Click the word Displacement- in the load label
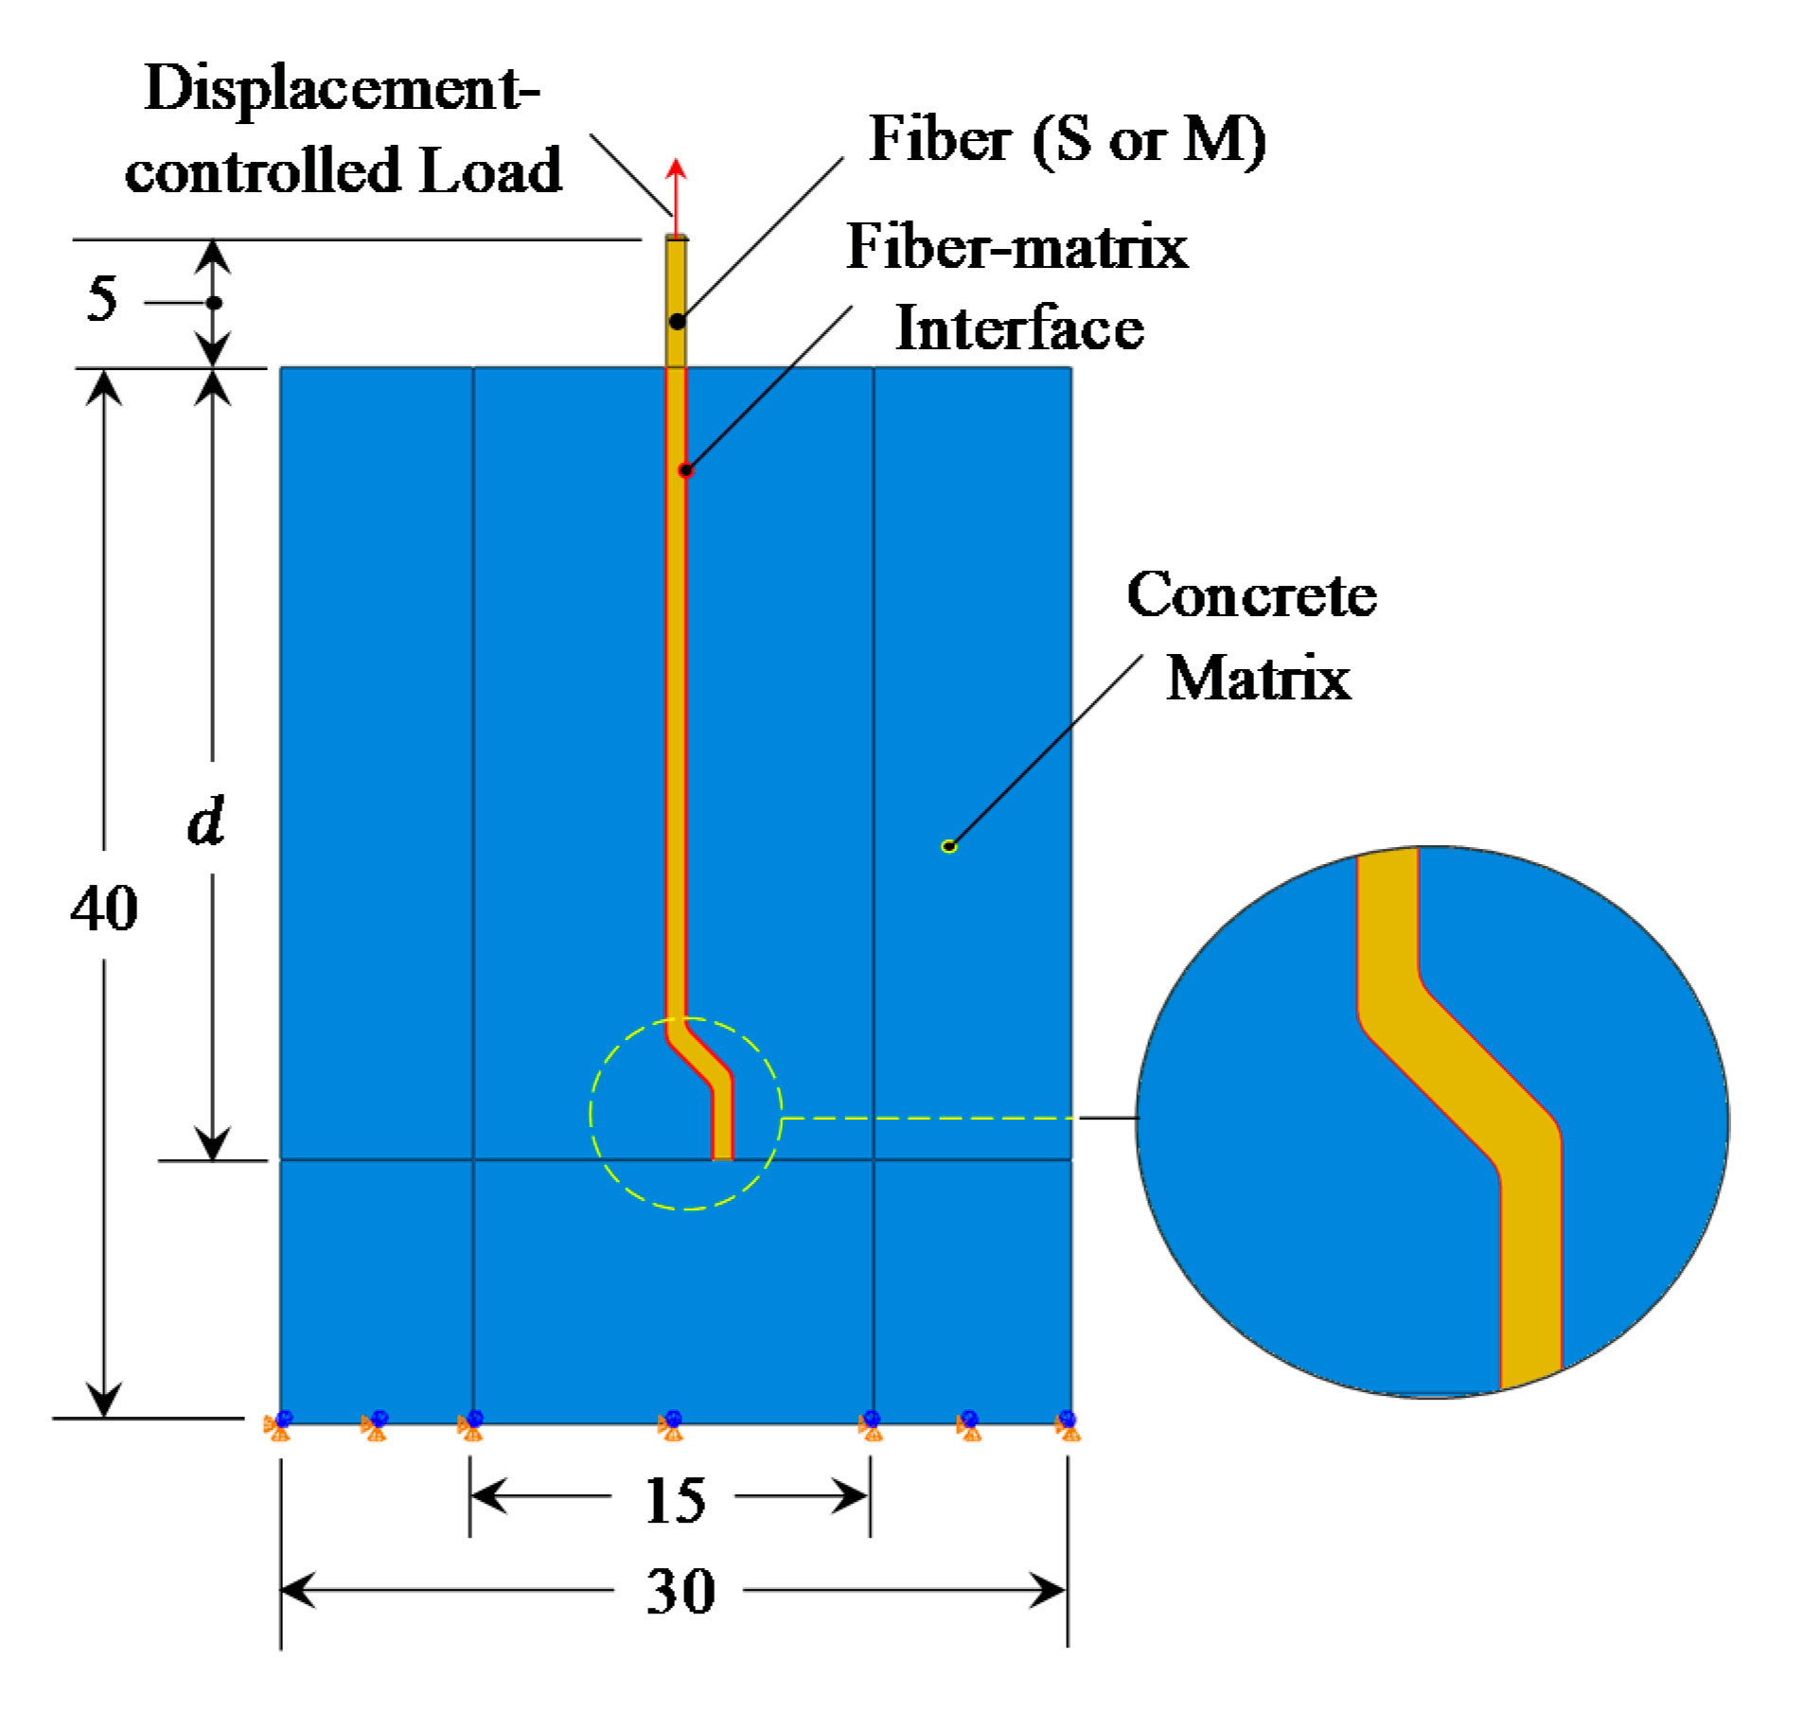point(341,90)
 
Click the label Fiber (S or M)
point(1066,140)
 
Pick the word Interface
point(1018,328)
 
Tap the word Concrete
point(1250,595)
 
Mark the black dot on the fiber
point(677,322)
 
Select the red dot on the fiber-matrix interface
point(686,470)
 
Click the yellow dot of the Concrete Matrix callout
point(948,846)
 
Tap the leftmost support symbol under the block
point(279,1423)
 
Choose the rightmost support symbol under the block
point(1068,1423)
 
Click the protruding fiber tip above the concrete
point(676,284)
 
